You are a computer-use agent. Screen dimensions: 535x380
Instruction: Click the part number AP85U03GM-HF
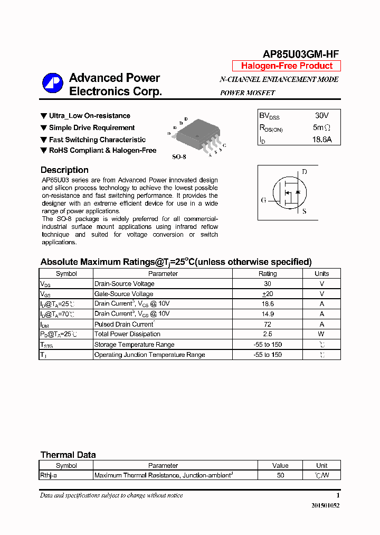point(301,54)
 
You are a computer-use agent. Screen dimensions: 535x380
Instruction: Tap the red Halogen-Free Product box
point(287,66)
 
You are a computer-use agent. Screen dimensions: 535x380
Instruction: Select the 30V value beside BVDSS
point(321,115)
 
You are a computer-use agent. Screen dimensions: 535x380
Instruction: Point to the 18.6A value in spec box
point(321,140)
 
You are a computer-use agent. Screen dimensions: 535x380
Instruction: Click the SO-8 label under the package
point(179,157)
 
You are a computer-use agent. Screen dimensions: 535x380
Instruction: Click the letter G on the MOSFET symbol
point(263,200)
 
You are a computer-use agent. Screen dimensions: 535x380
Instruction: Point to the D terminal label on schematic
point(305,172)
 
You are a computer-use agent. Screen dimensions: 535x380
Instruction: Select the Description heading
point(64,170)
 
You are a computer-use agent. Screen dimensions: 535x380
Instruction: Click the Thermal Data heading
point(68,455)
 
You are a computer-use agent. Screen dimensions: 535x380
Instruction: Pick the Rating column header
point(268,274)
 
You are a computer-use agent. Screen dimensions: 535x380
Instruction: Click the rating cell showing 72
point(268,324)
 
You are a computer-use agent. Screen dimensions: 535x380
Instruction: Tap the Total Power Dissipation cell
point(127,334)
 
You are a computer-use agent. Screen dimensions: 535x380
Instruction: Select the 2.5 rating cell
point(268,334)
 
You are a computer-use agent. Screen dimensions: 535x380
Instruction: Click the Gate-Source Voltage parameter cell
point(123,294)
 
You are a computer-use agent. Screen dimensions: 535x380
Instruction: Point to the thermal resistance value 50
point(280,475)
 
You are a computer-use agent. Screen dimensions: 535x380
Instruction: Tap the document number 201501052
point(325,505)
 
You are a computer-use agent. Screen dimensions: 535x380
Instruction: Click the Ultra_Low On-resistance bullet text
point(89,116)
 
